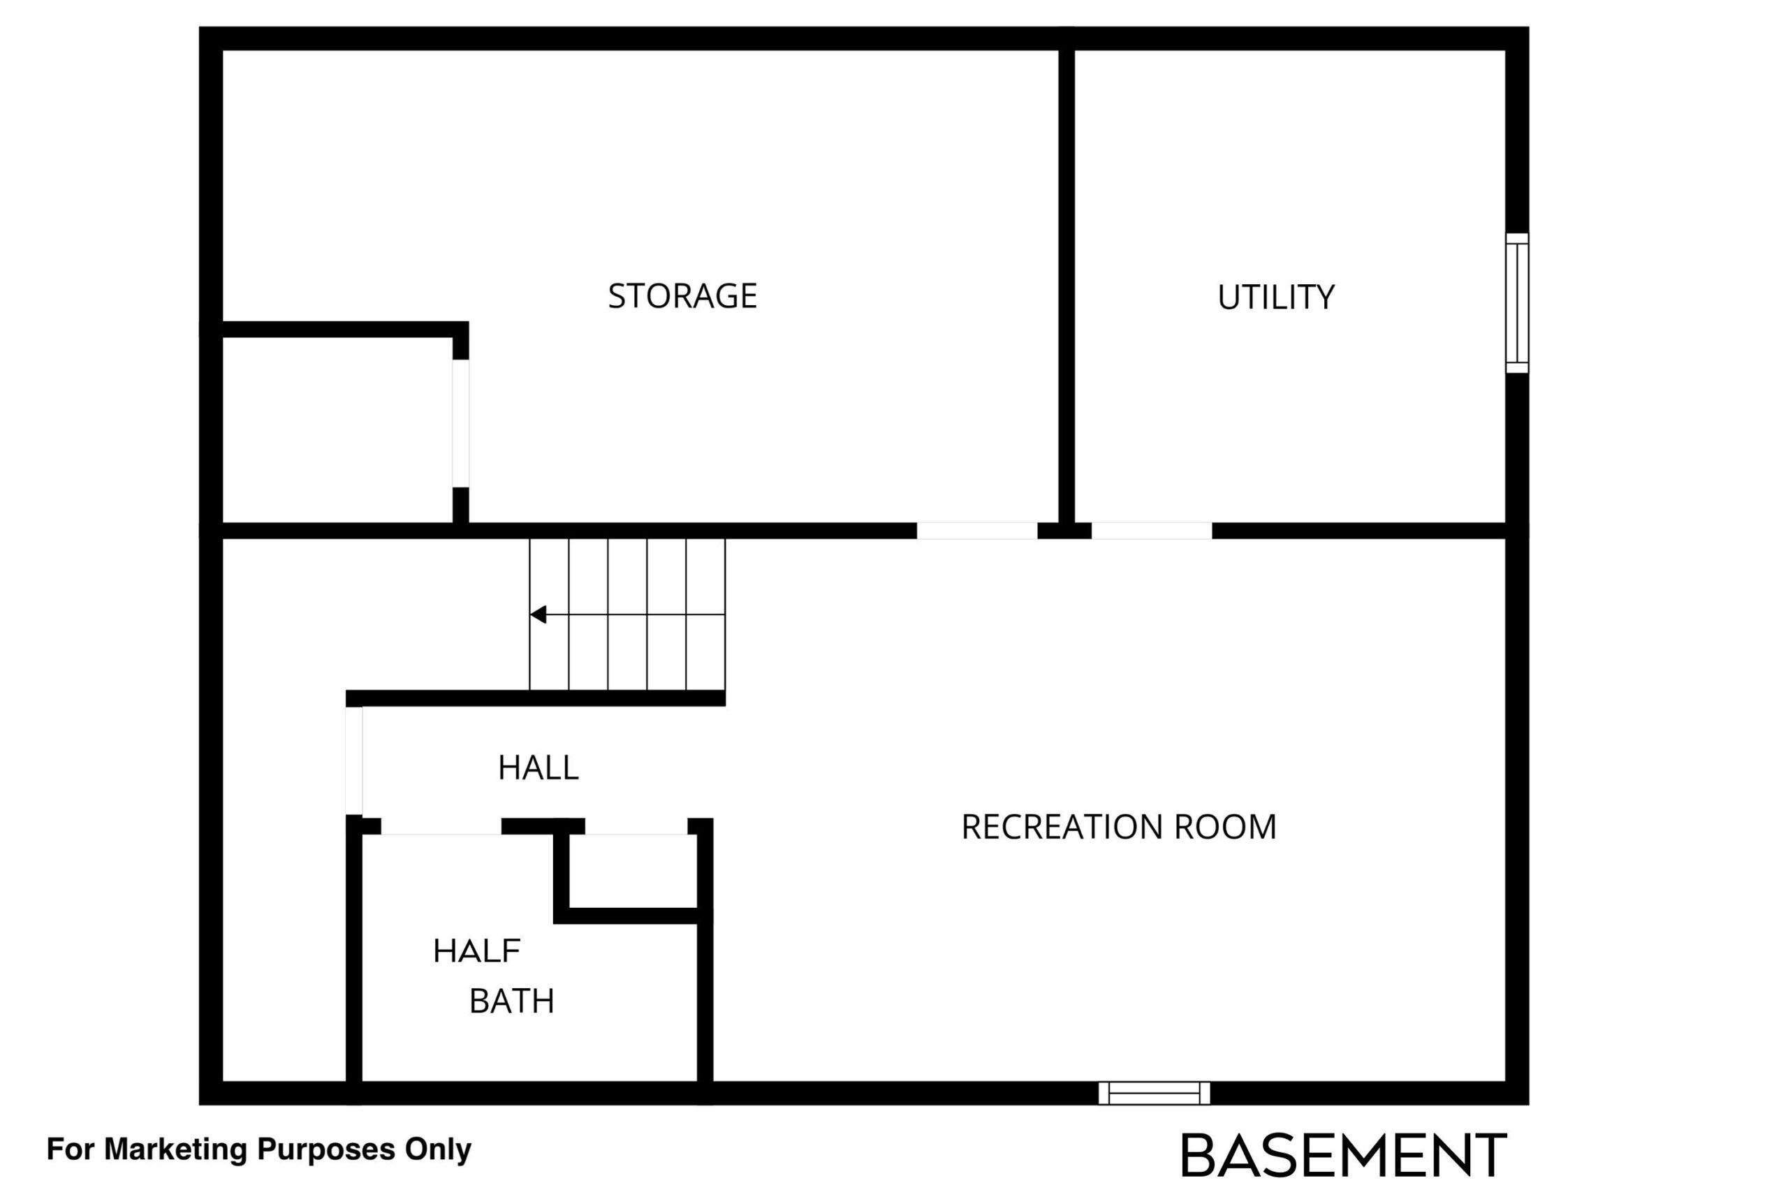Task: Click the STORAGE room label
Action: [x=682, y=295]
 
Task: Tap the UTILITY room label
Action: [x=1275, y=297]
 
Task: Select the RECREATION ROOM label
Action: [x=1118, y=827]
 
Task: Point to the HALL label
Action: [x=538, y=768]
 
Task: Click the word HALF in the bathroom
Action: [x=476, y=951]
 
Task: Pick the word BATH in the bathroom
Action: [x=512, y=1001]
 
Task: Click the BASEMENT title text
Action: [x=1343, y=1156]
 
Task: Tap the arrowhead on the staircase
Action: [x=538, y=615]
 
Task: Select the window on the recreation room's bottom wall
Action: [x=1154, y=1093]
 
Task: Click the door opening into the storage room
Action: [x=977, y=531]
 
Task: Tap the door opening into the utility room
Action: [x=1152, y=531]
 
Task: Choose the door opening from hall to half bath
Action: [x=441, y=826]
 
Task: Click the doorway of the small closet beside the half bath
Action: [x=636, y=826]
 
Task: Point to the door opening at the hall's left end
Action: [x=354, y=760]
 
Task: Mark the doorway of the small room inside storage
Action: [x=461, y=423]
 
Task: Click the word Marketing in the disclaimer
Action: [x=175, y=1149]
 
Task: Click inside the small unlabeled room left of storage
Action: [x=337, y=429]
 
